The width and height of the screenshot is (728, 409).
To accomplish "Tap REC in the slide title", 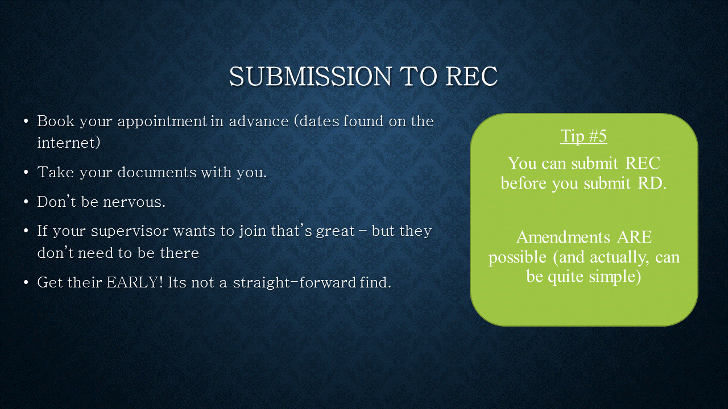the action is click(471, 76).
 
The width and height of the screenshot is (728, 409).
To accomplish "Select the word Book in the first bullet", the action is click(56, 121).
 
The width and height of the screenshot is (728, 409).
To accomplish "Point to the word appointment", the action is click(163, 122).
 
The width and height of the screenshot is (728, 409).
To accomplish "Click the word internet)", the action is click(69, 143).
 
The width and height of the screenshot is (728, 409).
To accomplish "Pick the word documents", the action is click(157, 172).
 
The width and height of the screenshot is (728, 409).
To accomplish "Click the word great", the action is click(336, 232).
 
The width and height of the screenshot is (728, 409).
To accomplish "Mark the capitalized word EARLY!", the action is click(134, 282).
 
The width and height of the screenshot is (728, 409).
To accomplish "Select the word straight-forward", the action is click(295, 282).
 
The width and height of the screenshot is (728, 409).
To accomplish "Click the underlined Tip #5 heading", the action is click(584, 136).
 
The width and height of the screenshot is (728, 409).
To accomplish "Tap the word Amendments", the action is click(563, 237).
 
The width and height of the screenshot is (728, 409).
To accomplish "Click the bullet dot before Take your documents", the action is click(26, 172).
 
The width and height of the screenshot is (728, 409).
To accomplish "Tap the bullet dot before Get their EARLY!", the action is click(26, 283).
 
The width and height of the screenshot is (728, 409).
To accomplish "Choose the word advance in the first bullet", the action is click(259, 121).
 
